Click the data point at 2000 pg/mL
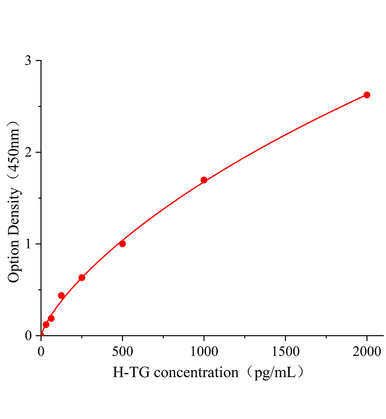367,95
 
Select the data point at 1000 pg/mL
204,180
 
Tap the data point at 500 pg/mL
122,244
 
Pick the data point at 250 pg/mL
82,278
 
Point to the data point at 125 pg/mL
61,295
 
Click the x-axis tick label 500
122,352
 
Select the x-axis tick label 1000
204,352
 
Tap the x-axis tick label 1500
285,352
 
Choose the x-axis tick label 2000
367,352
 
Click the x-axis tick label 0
41,352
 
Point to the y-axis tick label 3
28,61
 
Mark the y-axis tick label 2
28,152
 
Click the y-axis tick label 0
28,336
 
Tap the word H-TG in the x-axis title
131,373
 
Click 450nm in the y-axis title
14,150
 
